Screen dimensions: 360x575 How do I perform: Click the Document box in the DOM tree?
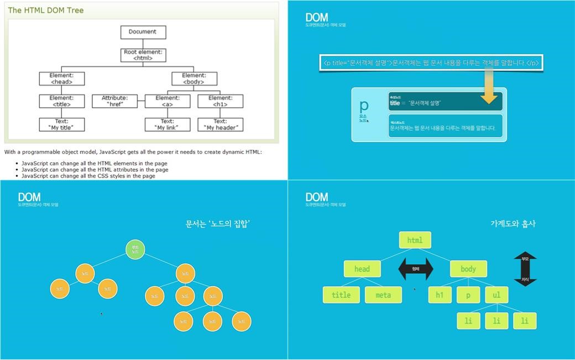point(143,32)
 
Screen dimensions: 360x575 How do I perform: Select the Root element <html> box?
point(143,55)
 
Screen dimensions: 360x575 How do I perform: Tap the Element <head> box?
point(61,79)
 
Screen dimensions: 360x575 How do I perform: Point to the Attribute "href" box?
point(114,101)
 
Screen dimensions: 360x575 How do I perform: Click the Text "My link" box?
point(167,124)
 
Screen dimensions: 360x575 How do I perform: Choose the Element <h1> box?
point(220,101)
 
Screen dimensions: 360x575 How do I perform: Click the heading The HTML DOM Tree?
point(46,11)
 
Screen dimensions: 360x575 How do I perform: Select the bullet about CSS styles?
point(88,176)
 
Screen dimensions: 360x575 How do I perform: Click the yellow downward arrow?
point(489,87)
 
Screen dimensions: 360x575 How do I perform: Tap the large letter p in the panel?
point(364,106)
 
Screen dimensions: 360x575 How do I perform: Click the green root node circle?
point(135,249)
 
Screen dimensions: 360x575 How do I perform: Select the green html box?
point(415,240)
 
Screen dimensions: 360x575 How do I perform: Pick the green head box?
point(362,269)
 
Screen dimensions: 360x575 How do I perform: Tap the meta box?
point(383,295)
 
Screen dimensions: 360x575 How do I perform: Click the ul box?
point(496,295)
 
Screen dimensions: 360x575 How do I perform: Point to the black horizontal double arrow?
point(416,269)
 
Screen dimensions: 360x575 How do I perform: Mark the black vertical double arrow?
point(525,269)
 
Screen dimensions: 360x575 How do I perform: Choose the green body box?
point(468,269)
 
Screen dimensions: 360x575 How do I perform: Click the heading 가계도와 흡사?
point(513,223)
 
